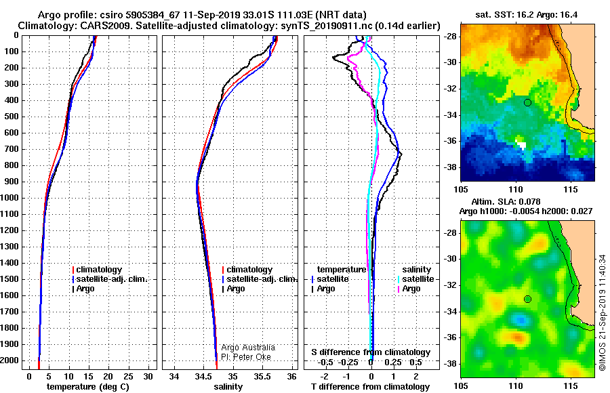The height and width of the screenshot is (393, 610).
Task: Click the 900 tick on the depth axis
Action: [x=12, y=182]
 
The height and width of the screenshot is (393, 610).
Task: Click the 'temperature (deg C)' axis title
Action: [x=88, y=387]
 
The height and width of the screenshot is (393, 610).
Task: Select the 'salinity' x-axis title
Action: [x=228, y=387]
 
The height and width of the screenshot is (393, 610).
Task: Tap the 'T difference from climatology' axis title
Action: [x=370, y=387]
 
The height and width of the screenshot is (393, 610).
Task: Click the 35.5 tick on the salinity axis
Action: [x=262, y=377]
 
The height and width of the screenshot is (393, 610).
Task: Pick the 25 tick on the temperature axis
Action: [x=128, y=377]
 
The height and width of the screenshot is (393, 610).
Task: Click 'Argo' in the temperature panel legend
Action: [x=85, y=289]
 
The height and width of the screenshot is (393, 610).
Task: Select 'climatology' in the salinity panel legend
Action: [x=249, y=270]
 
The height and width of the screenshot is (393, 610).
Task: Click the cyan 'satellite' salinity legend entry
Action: [x=418, y=279]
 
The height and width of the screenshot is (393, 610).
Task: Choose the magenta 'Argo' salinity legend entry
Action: [x=411, y=289]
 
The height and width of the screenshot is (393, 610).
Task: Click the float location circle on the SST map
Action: [x=527, y=103]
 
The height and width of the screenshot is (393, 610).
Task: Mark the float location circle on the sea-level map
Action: [x=527, y=299]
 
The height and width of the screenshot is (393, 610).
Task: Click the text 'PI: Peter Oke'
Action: [x=246, y=357]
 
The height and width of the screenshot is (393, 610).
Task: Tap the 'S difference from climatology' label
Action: [x=371, y=352]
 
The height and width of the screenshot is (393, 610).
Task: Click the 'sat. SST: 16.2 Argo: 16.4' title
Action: [x=527, y=15]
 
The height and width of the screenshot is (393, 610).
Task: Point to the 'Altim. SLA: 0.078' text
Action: [x=506, y=201]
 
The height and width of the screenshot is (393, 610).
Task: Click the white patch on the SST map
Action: [x=521, y=143]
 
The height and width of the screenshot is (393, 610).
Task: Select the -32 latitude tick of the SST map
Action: [x=450, y=89]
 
